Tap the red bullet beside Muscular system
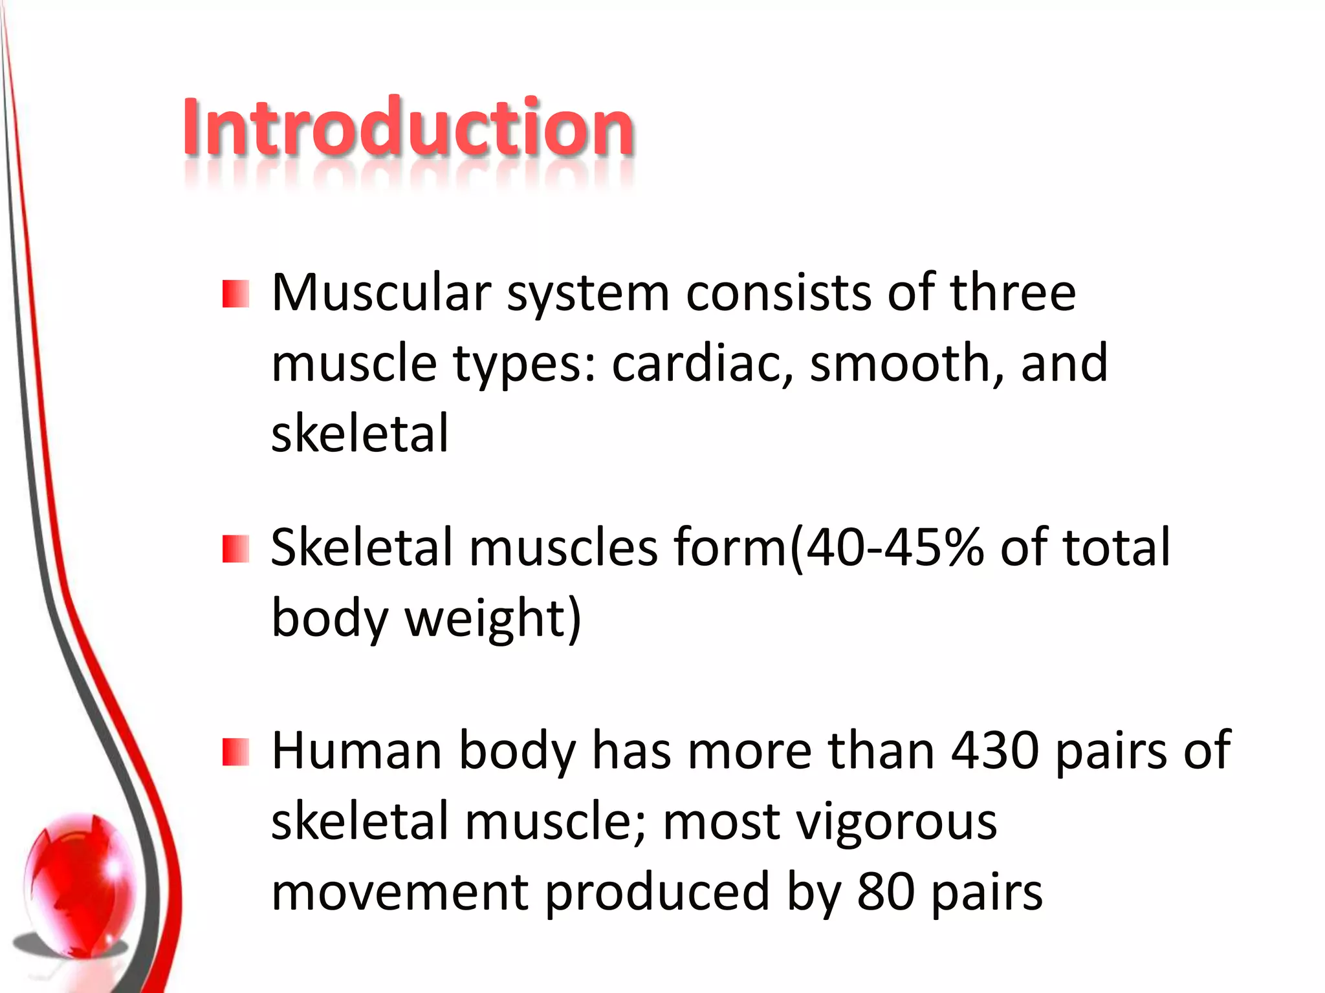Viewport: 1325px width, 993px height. pyautogui.click(x=235, y=294)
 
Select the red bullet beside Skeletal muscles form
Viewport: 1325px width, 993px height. pyautogui.click(x=235, y=549)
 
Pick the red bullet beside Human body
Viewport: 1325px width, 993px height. pyautogui.click(x=235, y=752)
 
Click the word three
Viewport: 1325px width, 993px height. pyautogui.click(x=1013, y=293)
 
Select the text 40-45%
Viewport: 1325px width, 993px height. pyautogui.click(x=895, y=548)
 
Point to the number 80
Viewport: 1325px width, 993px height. pyautogui.click(x=886, y=892)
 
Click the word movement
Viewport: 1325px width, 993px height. pyautogui.click(x=400, y=892)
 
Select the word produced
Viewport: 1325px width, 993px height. pyautogui.click(x=657, y=892)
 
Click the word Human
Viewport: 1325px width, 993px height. pyautogui.click(x=356, y=751)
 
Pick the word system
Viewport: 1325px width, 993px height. pyautogui.click(x=587, y=294)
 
